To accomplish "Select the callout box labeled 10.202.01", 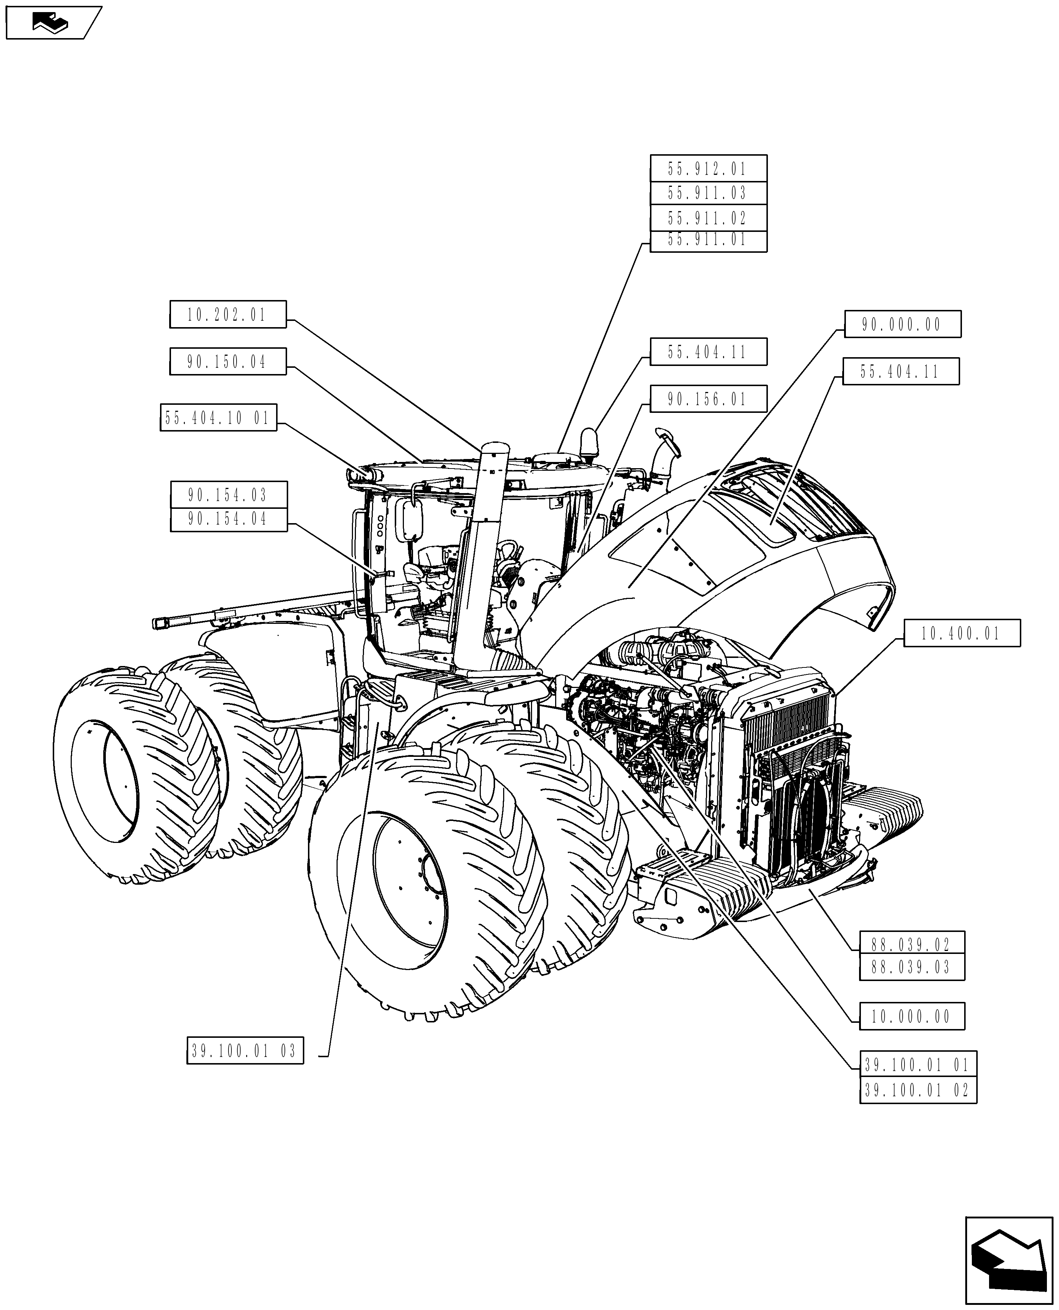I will point(227,315).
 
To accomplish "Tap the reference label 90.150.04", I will point(227,362).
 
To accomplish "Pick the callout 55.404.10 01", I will point(218,418).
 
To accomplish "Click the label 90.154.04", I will point(228,519).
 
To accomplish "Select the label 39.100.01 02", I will point(918,1090).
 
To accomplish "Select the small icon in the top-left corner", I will point(52,23).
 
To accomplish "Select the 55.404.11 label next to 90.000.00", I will point(900,371).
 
